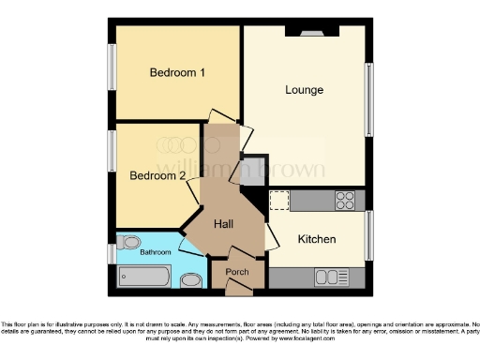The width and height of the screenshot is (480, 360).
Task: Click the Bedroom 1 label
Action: point(177,72)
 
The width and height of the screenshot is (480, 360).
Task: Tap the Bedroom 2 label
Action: point(157,175)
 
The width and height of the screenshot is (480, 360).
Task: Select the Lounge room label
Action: point(305,90)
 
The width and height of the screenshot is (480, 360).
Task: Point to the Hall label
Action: point(223,224)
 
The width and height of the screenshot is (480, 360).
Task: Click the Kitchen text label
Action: point(317,240)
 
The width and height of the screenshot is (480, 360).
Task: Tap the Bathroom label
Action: point(156,252)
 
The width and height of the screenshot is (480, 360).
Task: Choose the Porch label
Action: point(237,273)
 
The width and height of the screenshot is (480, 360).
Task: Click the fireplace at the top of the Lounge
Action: point(311,30)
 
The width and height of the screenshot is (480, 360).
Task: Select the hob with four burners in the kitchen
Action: point(344,200)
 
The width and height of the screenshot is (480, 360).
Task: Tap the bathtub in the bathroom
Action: point(144,277)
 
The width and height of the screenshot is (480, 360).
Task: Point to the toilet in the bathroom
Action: point(131,240)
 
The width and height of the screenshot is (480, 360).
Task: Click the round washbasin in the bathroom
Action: point(190,279)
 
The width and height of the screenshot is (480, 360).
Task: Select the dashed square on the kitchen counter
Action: point(279,200)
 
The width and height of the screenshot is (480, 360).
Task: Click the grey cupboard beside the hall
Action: point(250,172)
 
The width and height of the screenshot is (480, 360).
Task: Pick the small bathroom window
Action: point(112,254)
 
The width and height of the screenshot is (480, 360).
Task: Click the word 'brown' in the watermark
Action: point(292,170)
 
